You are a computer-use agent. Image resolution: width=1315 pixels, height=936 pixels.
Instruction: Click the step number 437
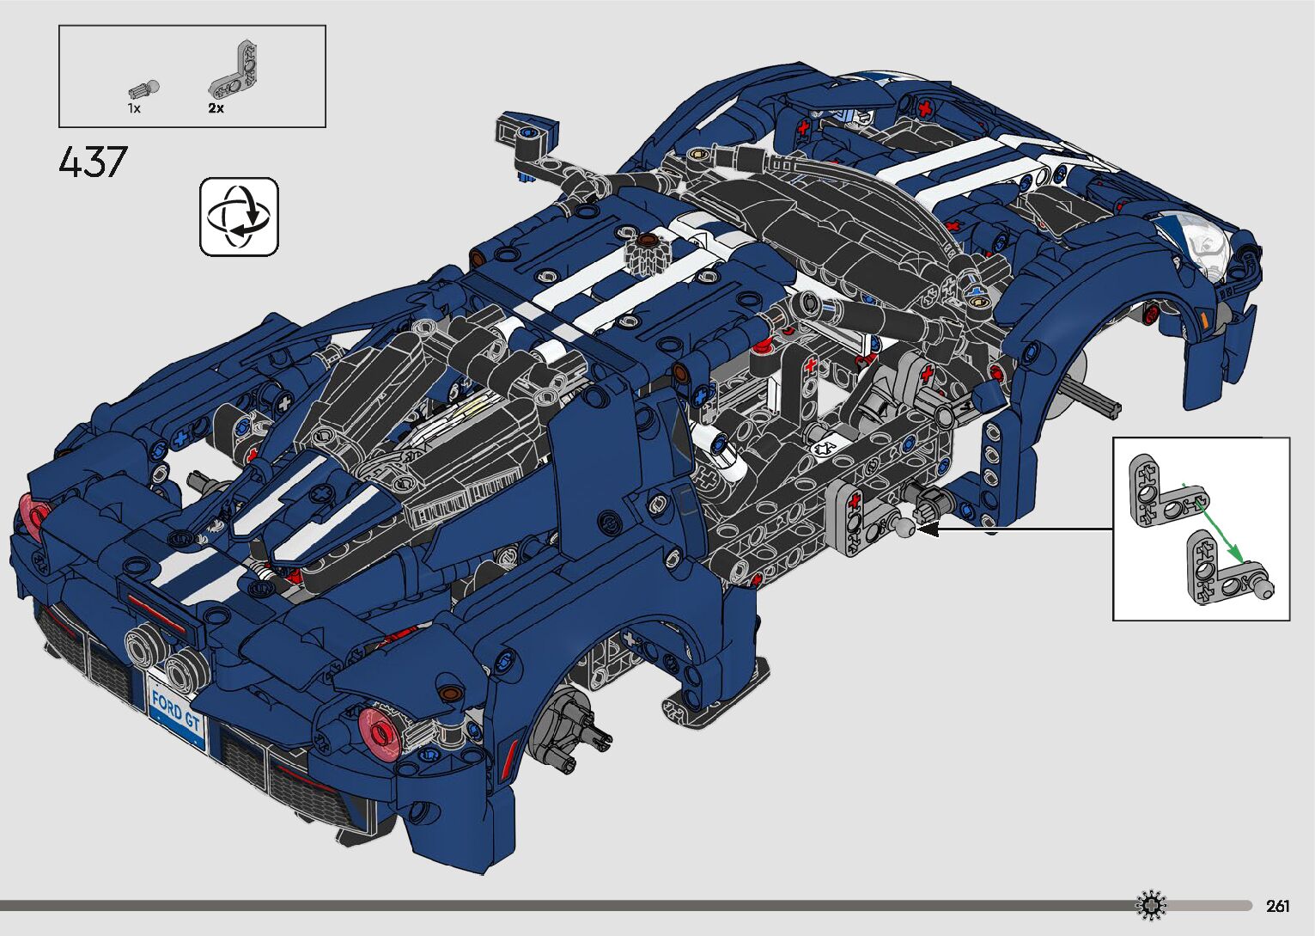[x=93, y=162]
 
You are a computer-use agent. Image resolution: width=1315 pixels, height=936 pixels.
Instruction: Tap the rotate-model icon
[x=239, y=217]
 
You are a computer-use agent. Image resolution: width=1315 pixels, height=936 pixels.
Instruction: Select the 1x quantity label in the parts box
[x=134, y=108]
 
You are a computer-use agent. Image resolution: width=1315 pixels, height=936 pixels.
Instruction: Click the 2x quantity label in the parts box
[x=216, y=108]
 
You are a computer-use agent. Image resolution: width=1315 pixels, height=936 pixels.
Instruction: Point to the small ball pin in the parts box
[x=143, y=89]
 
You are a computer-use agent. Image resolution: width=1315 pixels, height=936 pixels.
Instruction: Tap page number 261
[x=1278, y=905]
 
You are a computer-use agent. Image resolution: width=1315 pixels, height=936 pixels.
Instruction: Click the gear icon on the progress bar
[x=1151, y=905]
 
